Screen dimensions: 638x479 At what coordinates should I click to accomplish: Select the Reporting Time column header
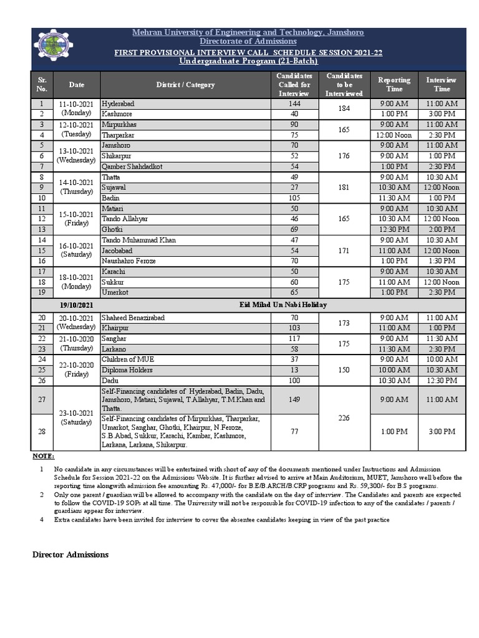point(394,84)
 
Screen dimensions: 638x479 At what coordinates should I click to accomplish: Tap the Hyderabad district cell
point(118,103)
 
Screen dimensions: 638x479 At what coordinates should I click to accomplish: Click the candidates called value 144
point(294,103)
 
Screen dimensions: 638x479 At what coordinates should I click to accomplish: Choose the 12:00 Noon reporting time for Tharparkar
point(394,135)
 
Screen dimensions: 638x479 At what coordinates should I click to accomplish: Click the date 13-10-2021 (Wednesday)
point(76,156)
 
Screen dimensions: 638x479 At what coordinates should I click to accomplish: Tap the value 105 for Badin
point(294,198)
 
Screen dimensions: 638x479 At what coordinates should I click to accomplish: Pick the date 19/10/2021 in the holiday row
point(76,305)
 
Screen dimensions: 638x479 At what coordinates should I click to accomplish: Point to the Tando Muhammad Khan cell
point(138,240)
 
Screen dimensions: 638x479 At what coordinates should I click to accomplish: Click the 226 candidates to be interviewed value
point(344,419)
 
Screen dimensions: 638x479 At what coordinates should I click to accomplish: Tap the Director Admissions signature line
point(70,555)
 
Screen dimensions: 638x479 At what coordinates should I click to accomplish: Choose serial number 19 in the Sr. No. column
point(42,292)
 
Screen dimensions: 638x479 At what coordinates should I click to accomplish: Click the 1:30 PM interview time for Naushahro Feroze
point(441,261)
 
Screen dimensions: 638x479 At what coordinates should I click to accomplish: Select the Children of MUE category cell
point(125,359)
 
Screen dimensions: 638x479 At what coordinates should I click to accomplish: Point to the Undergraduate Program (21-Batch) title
point(248,61)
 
